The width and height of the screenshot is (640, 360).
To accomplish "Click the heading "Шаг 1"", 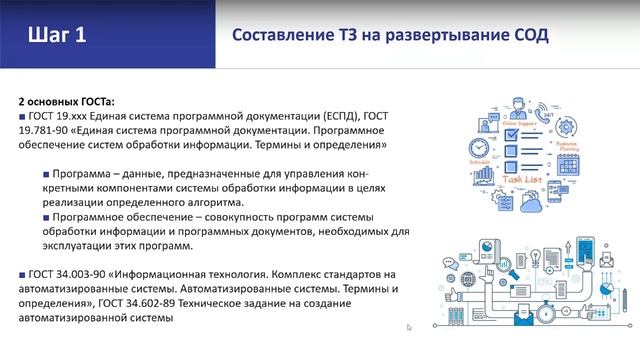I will point(58,35).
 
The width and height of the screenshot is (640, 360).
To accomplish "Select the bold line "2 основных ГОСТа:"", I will point(67,101).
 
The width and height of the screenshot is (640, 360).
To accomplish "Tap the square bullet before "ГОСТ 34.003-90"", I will point(22,274).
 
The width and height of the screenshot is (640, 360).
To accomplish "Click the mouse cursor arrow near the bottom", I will point(409,326).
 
